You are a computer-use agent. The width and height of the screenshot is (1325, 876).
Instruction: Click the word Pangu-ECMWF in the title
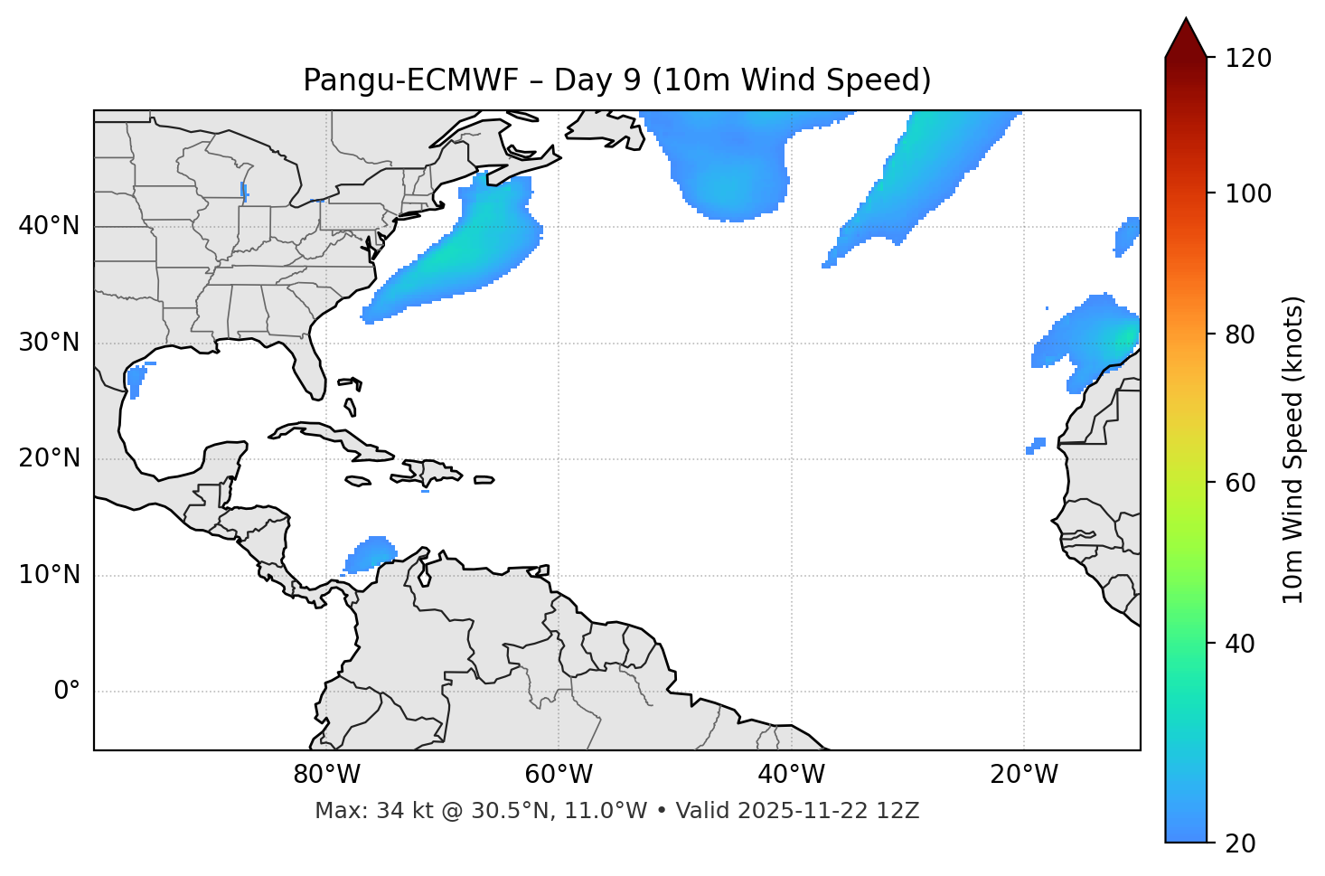pos(410,81)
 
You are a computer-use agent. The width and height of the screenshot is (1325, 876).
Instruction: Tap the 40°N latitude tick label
pos(49,226)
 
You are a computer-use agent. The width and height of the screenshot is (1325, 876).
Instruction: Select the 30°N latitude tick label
pos(49,343)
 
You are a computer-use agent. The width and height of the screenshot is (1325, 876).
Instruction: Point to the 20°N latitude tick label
pos(49,458)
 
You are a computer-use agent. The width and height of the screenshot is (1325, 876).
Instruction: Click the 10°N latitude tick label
pos(49,575)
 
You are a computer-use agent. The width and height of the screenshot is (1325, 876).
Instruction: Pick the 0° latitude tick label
pos(67,692)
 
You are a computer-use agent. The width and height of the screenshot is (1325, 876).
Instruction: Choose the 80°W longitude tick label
pos(326,775)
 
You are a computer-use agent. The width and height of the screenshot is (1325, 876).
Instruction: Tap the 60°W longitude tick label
pos(559,775)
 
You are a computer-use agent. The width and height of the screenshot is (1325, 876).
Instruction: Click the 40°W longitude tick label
pos(791,775)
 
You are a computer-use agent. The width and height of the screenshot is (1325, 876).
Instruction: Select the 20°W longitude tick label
pos(1023,775)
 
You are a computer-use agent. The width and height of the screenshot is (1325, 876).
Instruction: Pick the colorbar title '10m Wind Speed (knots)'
pos(1293,449)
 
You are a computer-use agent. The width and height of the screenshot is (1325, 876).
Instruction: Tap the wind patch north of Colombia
pos(371,553)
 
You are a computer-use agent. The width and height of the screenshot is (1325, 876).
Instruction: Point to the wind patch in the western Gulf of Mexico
pos(136,379)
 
